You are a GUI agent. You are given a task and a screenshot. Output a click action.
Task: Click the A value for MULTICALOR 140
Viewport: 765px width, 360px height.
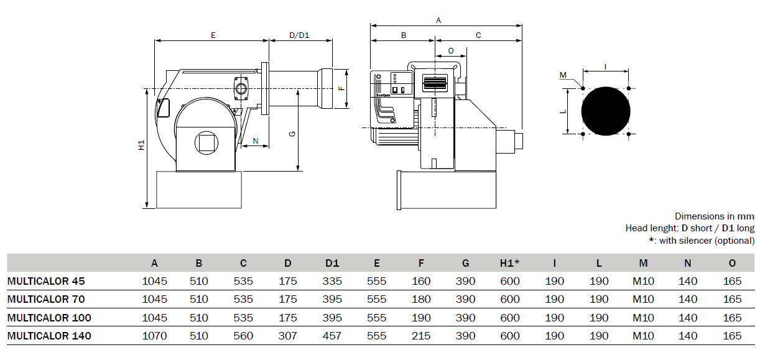tap(154, 336)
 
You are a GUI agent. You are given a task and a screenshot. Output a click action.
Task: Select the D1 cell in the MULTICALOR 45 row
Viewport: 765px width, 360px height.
tap(332, 281)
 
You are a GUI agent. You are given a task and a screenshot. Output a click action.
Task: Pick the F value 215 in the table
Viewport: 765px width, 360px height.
tap(420, 336)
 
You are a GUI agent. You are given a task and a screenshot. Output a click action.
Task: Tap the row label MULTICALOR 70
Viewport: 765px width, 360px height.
tap(46, 299)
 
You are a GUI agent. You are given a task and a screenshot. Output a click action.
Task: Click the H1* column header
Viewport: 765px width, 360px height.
tap(509, 263)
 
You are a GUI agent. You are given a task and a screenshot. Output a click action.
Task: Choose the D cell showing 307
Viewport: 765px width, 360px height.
tap(287, 336)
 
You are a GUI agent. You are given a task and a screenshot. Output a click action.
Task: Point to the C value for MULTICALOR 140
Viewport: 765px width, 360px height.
tap(243, 336)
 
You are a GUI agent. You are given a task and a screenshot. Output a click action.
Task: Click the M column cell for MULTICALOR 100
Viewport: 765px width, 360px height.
tap(643, 318)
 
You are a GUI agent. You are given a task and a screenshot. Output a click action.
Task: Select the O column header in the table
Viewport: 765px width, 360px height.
tap(732, 263)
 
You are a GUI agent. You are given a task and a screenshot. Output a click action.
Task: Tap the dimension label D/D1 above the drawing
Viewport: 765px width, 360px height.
tap(299, 35)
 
